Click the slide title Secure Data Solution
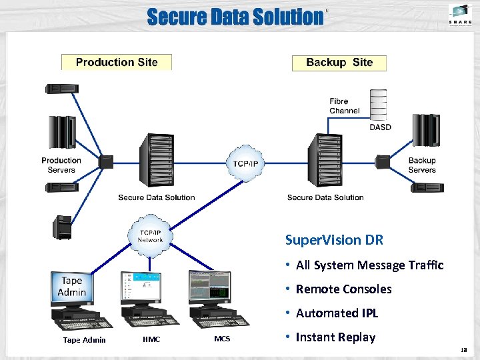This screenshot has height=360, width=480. pos(234,17)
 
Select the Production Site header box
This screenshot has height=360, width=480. pos(117,63)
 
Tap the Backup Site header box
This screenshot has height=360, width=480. pos(339,63)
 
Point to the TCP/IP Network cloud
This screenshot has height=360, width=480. pos(150,235)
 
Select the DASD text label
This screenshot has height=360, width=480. pos(380,127)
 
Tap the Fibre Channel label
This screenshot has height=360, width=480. pos(344,106)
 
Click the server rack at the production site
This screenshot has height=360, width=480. pos(155,161)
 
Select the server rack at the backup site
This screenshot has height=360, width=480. pos(326,161)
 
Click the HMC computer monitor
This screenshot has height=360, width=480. pos(141,287)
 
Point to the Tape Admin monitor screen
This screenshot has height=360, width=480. pos(71,287)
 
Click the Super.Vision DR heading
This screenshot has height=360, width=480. pos(334,240)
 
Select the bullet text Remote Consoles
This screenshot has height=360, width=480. pos(343,289)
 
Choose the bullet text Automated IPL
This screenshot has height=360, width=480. pos(337,313)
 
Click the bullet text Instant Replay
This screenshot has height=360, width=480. pos(335,337)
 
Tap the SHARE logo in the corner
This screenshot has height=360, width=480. pos(461,15)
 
